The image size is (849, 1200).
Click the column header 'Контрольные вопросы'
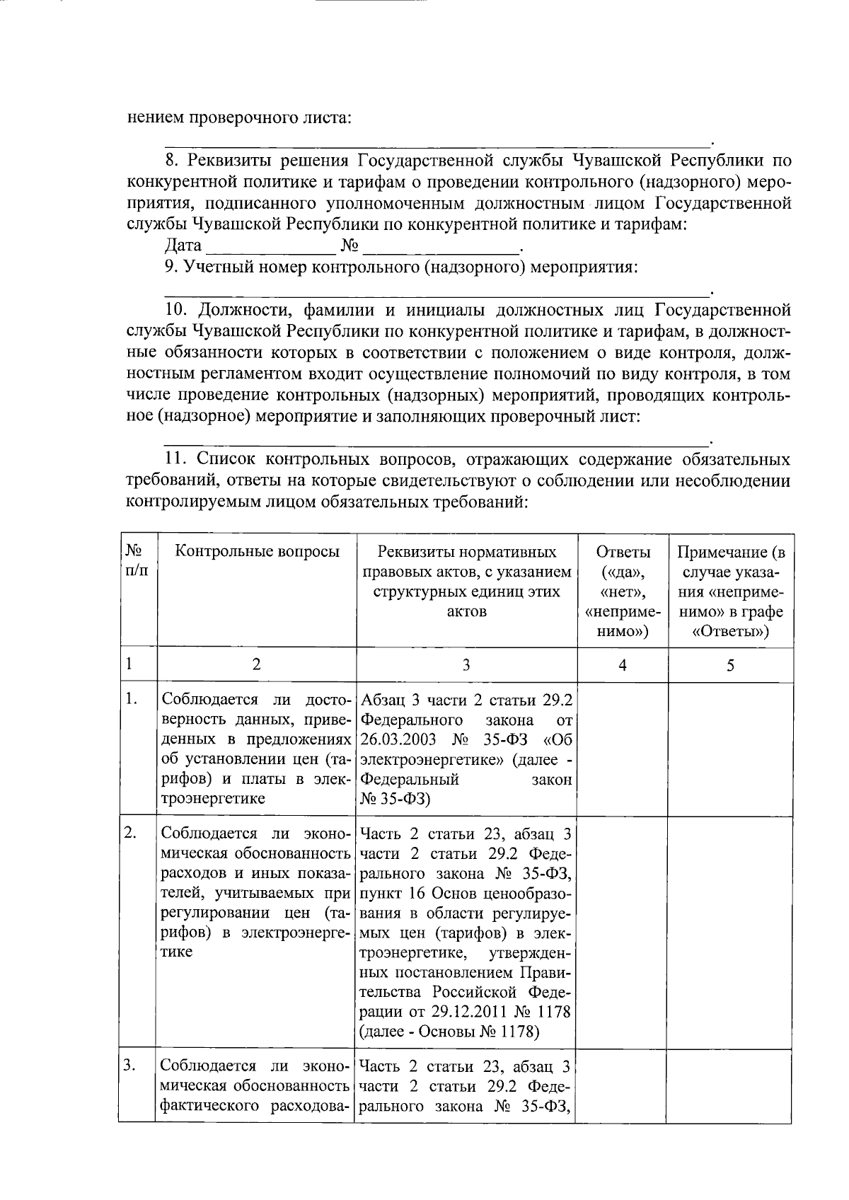pyautogui.click(x=257, y=552)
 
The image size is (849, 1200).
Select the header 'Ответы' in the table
pyautogui.click(x=623, y=552)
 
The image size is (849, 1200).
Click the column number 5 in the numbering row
pyautogui.click(x=730, y=665)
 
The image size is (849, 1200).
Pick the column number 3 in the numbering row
pyautogui.click(x=466, y=665)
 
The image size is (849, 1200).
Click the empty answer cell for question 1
pyautogui.click(x=623, y=750)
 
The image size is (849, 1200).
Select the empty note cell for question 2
pyautogui.click(x=730, y=933)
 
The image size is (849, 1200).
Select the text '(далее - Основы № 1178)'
pyautogui.click(x=450, y=1032)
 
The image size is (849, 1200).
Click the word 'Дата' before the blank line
pyautogui.click(x=183, y=246)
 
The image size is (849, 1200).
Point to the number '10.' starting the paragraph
pyautogui.click(x=178, y=310)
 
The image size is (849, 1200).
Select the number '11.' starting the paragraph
pyautogui.click(x=178, y=460)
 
